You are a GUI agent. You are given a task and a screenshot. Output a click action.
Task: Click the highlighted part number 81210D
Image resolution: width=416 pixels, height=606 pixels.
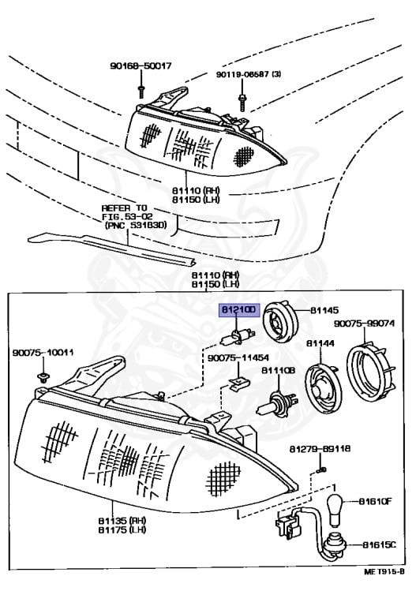[x=238, y=311]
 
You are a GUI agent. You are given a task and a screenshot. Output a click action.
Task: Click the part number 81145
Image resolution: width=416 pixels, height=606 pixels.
[x=324, y=311]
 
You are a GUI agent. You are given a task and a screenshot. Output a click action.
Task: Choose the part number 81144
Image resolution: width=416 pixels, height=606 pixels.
[x=320, y=344]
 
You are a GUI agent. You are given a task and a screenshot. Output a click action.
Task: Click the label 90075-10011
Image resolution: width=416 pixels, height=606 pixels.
[x=43, y=353]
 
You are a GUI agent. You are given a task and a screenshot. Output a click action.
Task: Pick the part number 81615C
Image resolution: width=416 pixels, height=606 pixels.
[x=378, y=545]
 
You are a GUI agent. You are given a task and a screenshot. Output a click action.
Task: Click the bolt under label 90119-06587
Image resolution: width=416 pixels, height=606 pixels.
[x=240, y=101]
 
